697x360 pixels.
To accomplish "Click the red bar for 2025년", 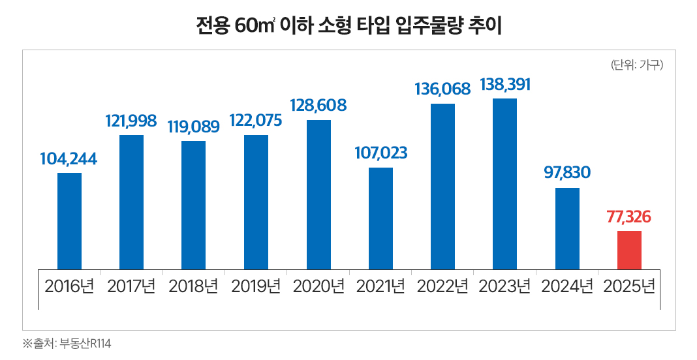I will coord(629,250).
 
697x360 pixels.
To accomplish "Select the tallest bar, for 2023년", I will coord(504,184).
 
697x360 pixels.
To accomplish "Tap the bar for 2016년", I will coord(69,221).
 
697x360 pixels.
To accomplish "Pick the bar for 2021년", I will coord(380,218).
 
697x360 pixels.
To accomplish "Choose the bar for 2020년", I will coord(318,194).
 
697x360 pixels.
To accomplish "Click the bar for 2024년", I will coord(567,228).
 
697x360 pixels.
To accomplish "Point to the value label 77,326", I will coord(629,217).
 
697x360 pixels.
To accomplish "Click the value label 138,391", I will coord(504,85).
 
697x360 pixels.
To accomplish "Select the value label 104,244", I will coord(69,158).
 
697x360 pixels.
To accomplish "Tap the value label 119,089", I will coord(193,127).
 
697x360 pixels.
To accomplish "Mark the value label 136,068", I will coord(442,89).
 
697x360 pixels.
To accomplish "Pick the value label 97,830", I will coord(567,173).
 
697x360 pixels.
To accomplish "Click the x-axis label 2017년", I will coord(131,287).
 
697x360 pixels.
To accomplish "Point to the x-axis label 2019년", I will coord(256,287).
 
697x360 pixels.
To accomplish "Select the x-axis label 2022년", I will coord(442,287).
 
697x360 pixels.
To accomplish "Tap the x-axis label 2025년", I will coord(629,287).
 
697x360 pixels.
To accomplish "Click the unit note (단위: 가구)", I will coord(636,65).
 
